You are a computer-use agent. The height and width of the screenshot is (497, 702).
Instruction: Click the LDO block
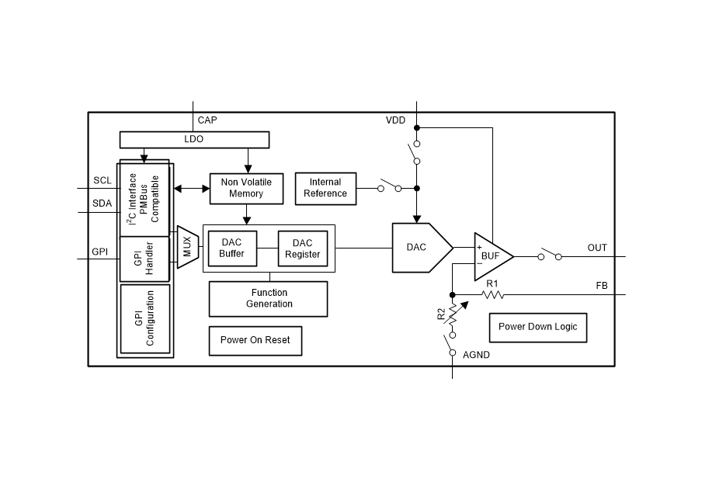tap(193, 140)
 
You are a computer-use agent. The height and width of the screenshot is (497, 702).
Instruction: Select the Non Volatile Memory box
tap(246, 188)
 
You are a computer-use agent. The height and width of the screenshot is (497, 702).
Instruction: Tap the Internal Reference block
tap(325, 188)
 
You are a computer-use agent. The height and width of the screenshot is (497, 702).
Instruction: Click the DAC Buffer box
tap(231, 248)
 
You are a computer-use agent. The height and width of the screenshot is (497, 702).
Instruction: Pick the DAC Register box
tap(302, 248)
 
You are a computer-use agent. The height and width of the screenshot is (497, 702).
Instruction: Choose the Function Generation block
tap(268, 298)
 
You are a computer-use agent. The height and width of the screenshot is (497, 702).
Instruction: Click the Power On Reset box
tap(255, 340)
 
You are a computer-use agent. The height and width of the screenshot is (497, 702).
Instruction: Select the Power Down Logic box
tap(537, 327)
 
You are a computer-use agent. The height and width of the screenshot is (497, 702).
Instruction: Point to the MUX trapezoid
tap(187, 247)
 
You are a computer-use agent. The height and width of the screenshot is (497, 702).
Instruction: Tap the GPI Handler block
tap(144, 259)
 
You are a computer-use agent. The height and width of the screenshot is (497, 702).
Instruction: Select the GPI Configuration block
tap(144, 318)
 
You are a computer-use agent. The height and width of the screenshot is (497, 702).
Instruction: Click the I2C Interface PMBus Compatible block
tap(144, 199)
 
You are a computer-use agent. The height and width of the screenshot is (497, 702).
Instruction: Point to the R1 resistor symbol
tap(492, 294)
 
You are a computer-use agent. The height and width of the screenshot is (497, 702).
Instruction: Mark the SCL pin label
tap(103, 181)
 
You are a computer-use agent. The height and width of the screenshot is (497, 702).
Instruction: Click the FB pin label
tap(601, 286)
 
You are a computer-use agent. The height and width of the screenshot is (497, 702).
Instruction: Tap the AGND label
tap(476, 355)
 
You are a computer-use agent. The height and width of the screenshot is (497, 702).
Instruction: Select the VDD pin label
tap(395, 120)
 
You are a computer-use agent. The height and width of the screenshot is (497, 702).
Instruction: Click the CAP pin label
tap(207, 120)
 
